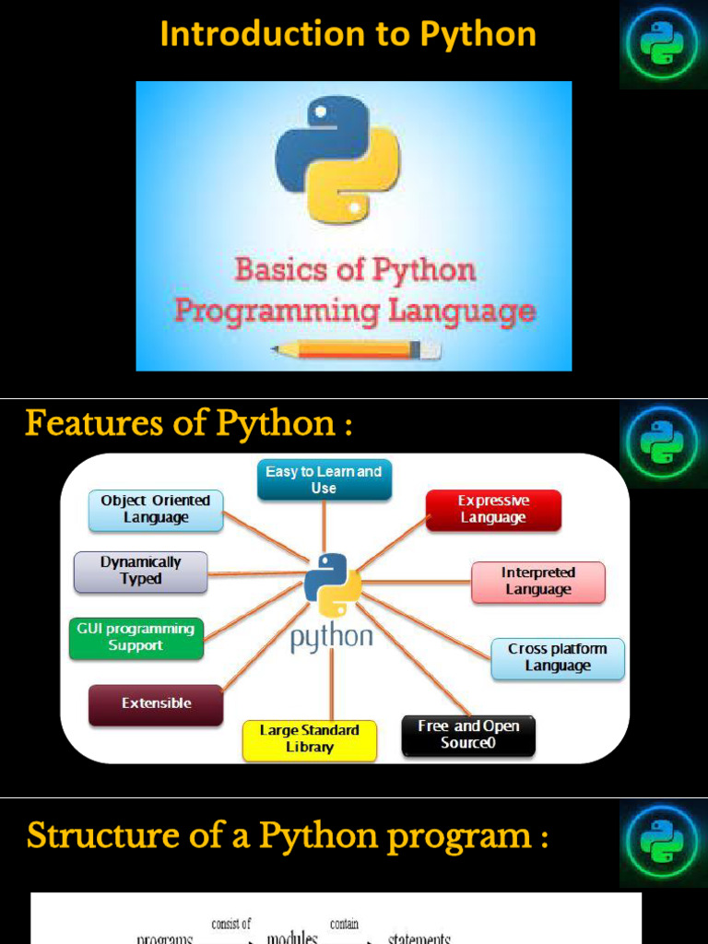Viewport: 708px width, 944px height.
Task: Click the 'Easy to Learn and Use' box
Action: tap(324, 479)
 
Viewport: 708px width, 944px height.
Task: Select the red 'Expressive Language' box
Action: tap(493, 510)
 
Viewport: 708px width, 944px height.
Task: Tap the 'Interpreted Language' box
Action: tap(537, 582)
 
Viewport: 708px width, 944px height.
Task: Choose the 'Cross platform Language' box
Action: tap(558, 658)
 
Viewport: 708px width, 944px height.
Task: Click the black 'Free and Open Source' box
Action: tap(468, 735)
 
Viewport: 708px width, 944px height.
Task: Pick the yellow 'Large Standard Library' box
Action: tap(309, 739)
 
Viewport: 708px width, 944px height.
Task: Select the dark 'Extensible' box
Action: tap(156, 703)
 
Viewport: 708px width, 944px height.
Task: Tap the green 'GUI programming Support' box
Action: tap(136, 638)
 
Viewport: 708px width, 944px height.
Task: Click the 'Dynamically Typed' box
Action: tap(140, 571)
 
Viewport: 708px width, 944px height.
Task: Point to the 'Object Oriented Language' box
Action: tap(156, 510)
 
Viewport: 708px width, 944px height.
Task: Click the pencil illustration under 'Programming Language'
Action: tap(356, 349)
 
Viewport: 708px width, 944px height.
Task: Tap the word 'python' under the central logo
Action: tap(332, 638)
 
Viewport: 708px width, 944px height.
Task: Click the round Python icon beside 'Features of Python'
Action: tap(662, 442)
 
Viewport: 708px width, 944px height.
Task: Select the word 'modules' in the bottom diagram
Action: tap(292, 937)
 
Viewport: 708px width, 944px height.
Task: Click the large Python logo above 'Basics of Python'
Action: tap(337, 159)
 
